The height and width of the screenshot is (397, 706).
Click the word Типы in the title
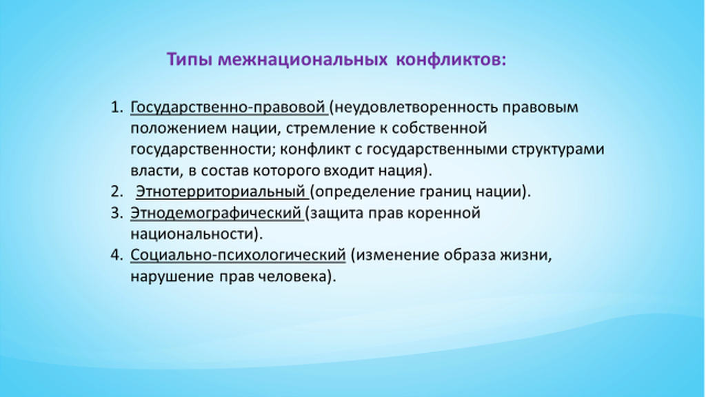click(x=189, y=60)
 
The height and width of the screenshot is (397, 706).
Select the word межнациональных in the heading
click(x=303, y=60)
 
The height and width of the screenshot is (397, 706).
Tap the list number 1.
click(x=117, y=107)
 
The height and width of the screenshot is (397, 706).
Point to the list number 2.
click(x=117, y=192)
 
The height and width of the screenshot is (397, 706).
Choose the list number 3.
click(x=117, y=212)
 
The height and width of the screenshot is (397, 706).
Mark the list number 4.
click(x=117, y=255)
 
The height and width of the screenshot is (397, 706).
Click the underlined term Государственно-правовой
click(x=228, y=108)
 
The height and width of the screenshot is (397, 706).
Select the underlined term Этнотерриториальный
click(x=221, y=192)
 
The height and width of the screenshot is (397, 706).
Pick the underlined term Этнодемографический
click(x=216, y=213)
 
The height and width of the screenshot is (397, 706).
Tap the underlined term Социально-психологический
click(x=238, y=255)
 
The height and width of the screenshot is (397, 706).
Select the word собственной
click(x=439, y=128)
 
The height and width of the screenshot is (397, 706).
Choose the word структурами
click(x=557, y=150)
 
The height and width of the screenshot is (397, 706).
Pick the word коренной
click(x=444, y=213)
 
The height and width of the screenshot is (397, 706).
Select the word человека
click(x=296, y=276)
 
